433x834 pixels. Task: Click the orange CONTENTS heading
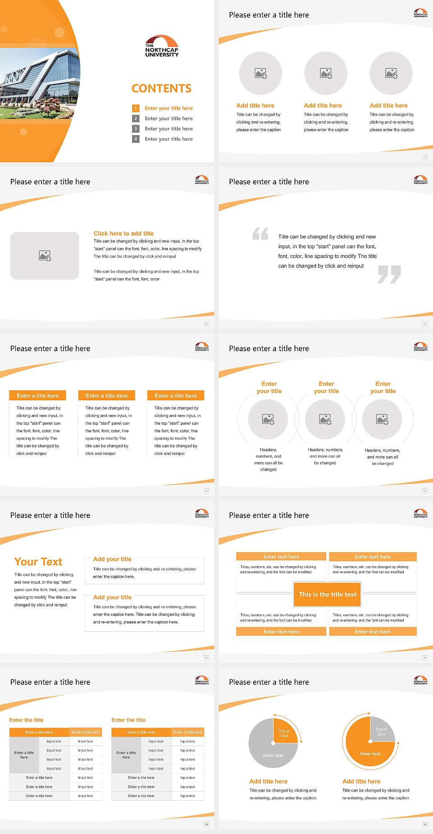coord(161,88)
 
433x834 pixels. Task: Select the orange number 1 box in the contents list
coord(135,108)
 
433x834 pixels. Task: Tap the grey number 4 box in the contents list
coord(135,139)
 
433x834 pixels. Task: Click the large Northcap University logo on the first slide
coord(161,46)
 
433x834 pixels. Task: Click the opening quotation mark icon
coord(260,234)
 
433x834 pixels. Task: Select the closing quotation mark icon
coord(389,274)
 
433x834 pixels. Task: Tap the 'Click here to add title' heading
coord(124,234)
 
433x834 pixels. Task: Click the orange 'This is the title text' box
coord(327,594)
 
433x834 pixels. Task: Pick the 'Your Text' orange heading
coord(38,562)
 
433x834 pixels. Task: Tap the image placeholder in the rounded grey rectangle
coord(45,256)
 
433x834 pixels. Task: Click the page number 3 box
coord(425,157)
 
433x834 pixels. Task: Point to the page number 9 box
coord(425,658)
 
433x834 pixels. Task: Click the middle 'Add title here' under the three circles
coord(322,105)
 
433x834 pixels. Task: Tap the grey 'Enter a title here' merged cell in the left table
coord(24,755)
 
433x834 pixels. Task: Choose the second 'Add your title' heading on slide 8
coord(112,597)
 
